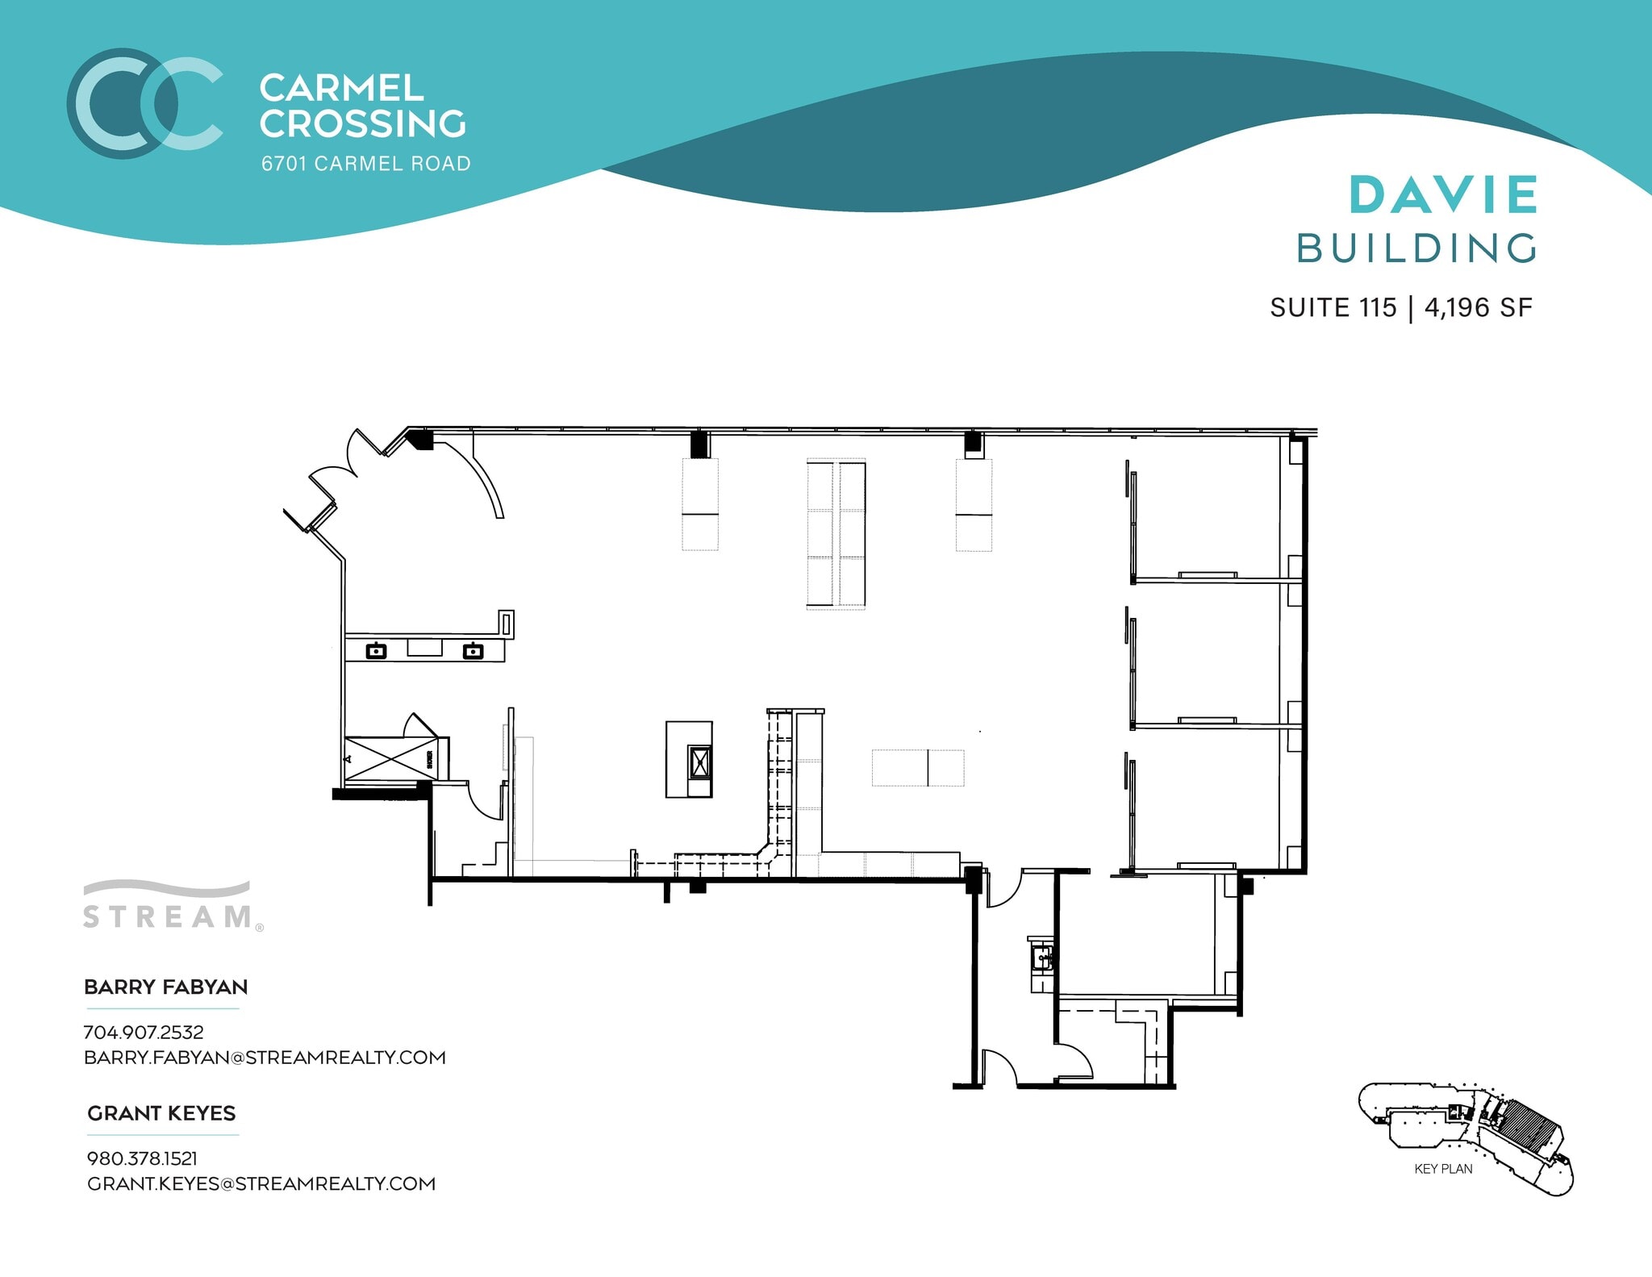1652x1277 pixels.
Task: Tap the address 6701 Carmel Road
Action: coord(365,164)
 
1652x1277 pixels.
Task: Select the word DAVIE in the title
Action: coord(1443,195)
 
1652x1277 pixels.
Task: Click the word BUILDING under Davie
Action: coord(1416,248)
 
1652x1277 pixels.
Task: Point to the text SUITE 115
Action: coord(1333,307)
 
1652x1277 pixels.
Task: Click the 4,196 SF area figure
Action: coord(1478,307)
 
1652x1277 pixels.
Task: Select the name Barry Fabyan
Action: coord(165,987)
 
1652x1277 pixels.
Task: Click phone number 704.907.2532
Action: coord(144,1032)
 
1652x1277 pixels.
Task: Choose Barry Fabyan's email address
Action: coord(265,1057)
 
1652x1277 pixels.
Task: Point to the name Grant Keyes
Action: coord(161,1113)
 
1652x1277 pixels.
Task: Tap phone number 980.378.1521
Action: coord(142,1158)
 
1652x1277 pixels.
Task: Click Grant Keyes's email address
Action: coord(261,1183)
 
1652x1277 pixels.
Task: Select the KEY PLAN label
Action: coord(1443,1168)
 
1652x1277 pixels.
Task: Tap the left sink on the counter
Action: coord(376,650)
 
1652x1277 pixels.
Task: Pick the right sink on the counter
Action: coord(473,650)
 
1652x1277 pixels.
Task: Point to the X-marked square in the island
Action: coord(699,761)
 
